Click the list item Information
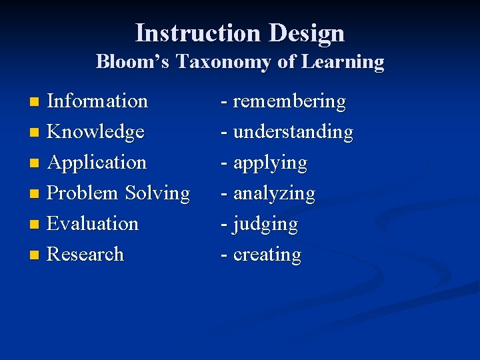[x=97, y=101]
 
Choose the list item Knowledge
[x=95, y=132]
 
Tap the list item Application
[x=97, y=163]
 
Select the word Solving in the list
[x=157, y=193]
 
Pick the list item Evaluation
[x=93, y=223]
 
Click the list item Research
[x=85, y=254]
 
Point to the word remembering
[x=289, y=101]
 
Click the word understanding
[x=293, y=132]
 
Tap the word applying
[x=270, y=163]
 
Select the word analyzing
[x=274, y=193]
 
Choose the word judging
[x=265, y=224]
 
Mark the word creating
[x=267, y=255]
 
